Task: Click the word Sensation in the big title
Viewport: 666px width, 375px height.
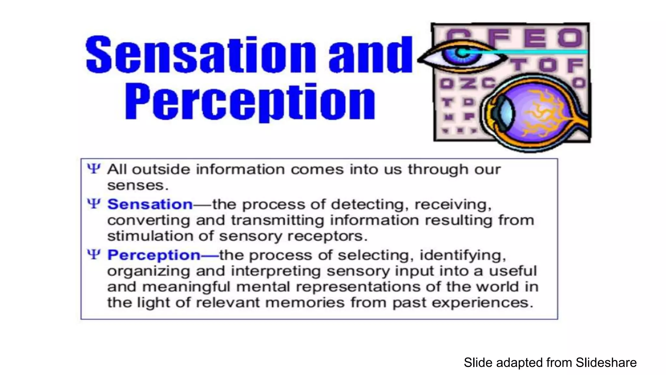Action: (200, 55)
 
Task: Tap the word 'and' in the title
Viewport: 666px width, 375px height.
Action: (370, 55)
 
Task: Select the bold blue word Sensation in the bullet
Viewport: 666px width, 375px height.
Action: (150, 204)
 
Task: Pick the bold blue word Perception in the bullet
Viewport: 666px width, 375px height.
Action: (154, 255)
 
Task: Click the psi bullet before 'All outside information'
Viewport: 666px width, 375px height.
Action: (94, 169)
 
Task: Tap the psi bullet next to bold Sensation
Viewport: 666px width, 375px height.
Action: (94, 204)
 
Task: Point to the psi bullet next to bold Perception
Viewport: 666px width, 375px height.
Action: (94, 255)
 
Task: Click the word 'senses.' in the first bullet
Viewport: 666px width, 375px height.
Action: (138, 186)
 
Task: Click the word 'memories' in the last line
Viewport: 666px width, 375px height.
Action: (305, 303)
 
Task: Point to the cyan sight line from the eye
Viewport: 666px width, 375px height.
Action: (537, 51)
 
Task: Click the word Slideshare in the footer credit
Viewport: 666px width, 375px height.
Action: (606, 362)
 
